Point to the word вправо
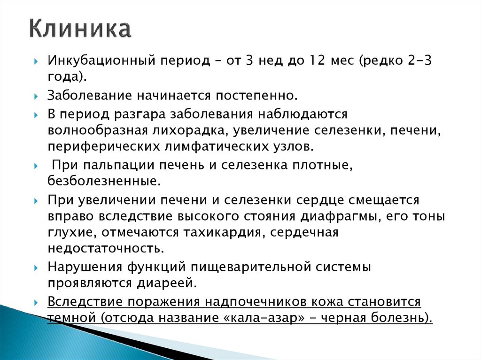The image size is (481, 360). (x=69, y=216)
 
